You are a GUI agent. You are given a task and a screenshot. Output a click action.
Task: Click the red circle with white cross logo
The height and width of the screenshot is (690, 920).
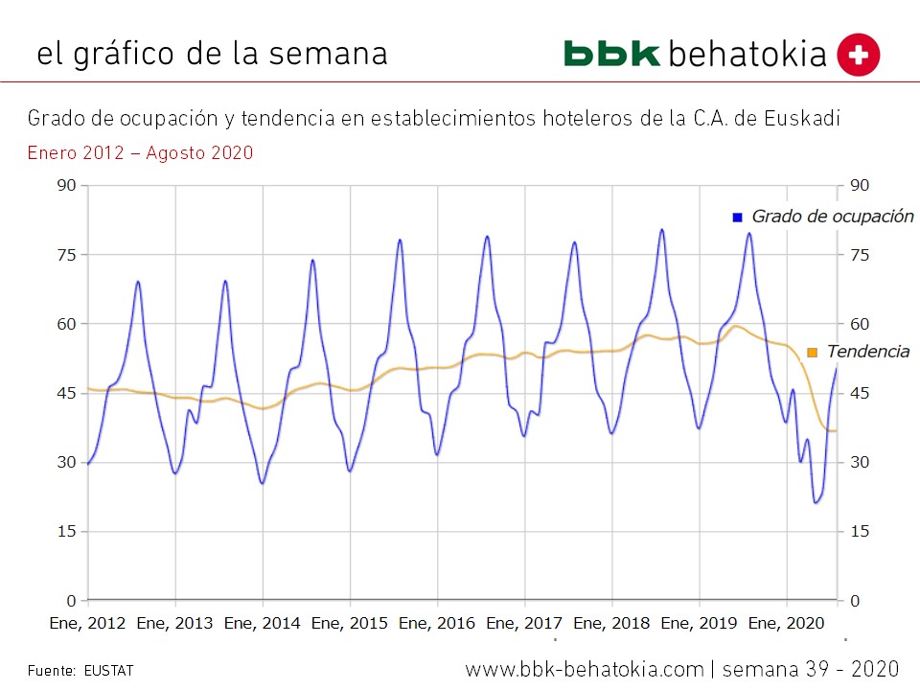tap(858, 55)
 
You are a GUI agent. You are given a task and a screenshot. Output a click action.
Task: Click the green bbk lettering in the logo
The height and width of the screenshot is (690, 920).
tap(611, 54)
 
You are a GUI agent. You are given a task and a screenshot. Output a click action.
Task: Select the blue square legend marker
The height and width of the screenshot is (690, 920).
tap(737, 218)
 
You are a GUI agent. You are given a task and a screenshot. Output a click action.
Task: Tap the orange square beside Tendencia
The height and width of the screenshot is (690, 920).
tap(813, 353)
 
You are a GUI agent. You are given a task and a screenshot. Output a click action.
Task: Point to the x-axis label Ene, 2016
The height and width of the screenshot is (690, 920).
tap(437, 624)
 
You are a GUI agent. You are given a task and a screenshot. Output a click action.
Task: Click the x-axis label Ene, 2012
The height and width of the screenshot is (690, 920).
tap(87, 624)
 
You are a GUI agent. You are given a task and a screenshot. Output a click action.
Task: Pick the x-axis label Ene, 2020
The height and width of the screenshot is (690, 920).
tap(787, 624)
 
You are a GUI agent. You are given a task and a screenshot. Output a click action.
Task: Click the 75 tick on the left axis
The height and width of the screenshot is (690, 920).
tap(65, 255)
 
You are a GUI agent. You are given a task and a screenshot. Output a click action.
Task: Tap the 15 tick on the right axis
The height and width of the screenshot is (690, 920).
tap(860, 532)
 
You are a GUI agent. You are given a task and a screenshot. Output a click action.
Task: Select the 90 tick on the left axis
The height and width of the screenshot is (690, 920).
tap(65, 185)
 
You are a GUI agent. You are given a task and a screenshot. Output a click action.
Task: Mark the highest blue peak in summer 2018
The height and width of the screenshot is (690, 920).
tap(661, 230)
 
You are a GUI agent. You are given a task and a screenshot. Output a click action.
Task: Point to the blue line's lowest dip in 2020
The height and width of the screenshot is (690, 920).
tap(816, 501)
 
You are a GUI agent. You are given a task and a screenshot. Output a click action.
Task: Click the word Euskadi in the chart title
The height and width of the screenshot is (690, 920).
tap(808, 119)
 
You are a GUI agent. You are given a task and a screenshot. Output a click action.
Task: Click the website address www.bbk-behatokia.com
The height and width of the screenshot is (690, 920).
tap(585, 668)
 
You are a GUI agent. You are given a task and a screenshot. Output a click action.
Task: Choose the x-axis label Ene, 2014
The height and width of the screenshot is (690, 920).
tap(263, 624)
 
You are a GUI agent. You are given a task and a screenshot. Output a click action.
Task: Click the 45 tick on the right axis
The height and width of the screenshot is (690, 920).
tap(860, 394)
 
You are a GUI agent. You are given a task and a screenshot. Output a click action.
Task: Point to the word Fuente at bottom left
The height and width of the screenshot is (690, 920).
tap(50, 670)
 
